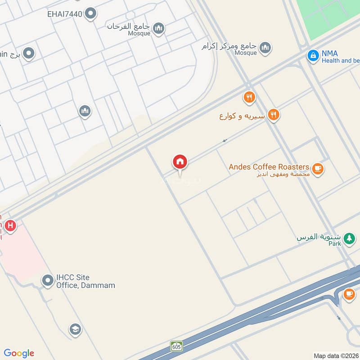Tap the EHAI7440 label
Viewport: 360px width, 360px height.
click(x=65, y=14)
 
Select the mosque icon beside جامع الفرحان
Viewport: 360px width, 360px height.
click(x=158, y=29)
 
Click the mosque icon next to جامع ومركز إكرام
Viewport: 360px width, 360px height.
click(x=265, y=47)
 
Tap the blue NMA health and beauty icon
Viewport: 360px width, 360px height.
click(x=313, y=56)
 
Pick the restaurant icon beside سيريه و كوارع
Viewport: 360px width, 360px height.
click(x=273, y=116)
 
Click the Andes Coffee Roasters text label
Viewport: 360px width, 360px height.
click(x=269, y=167)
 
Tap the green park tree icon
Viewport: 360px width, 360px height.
click(x=349, y=238)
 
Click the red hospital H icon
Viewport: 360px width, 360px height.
click(x=10, y=225)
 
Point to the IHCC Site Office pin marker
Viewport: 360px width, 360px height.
click(x=48, y=281)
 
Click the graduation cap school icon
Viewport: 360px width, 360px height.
click(x=75, y=329)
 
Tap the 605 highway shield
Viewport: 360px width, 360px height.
click(x=176, y=346)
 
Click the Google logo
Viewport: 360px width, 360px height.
click(x=19, y=353)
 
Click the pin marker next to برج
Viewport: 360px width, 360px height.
click(x=29, y=54)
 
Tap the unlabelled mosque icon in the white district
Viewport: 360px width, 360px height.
click(x=85, y=111)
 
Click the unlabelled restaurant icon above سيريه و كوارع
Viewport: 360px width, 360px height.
click(x=249, y=97)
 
